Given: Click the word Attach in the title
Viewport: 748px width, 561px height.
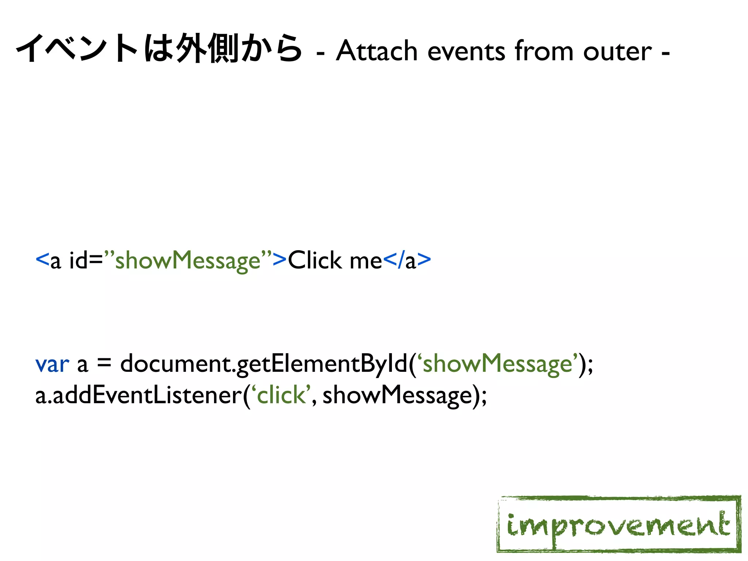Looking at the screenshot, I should (x=376, y=51).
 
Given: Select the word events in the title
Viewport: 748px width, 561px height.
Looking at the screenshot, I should (x=466, y=51).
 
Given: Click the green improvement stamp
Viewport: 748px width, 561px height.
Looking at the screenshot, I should (x=619, y=524).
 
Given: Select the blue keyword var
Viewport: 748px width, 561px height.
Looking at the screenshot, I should (x=52, y=364).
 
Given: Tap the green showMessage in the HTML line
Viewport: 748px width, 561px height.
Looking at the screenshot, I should (x=188, y=261).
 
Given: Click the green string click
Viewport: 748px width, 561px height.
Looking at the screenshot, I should (x=281, y=396).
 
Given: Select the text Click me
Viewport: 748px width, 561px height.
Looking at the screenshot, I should (x=335, y=261).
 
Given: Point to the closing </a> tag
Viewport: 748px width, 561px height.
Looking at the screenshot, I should (x=407, y=261).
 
